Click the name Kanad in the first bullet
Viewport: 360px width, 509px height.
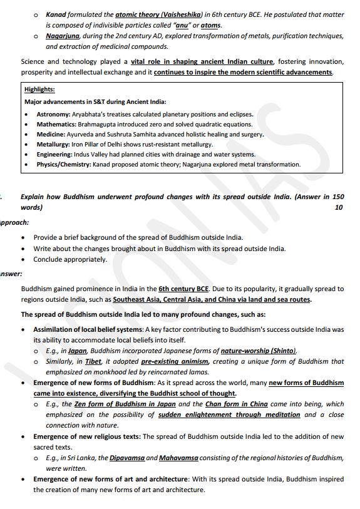click(56, 14)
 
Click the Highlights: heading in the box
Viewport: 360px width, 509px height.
click(39, 90)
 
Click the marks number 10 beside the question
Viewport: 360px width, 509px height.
click(339, 207)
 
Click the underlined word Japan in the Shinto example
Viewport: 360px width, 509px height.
click(77, 351)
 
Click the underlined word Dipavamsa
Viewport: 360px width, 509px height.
click(126, 458)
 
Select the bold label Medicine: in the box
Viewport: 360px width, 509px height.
click(51, 135)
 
